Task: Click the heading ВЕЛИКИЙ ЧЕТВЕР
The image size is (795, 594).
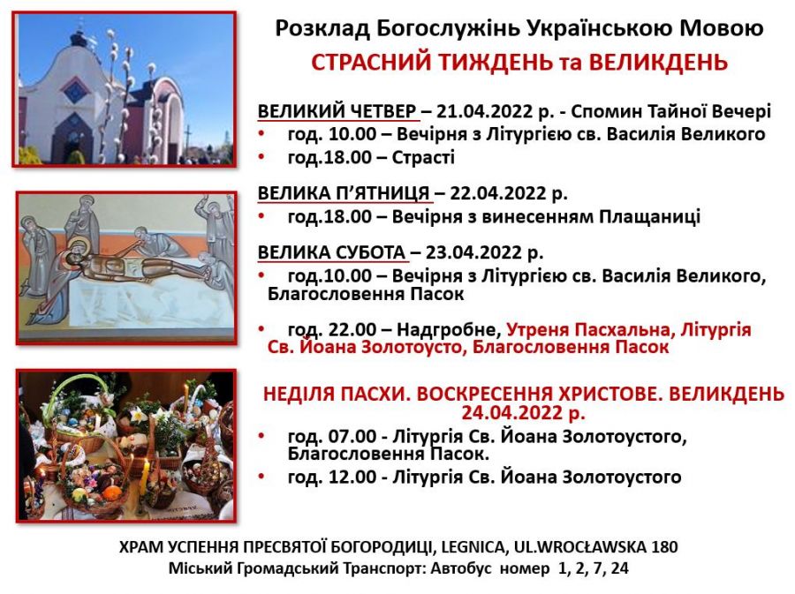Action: click(337, 111)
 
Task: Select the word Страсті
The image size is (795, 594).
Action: click(423, 157)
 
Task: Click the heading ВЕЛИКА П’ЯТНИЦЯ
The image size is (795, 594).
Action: click(344, 193)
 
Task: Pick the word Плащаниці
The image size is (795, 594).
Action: click(650, 217)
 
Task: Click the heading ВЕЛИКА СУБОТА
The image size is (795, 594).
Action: click(331, 252)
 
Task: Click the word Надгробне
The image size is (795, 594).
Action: click(449, 330)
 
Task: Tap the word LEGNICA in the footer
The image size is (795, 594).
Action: click(473, 547)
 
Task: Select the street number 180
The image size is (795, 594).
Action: click(664, 547)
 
